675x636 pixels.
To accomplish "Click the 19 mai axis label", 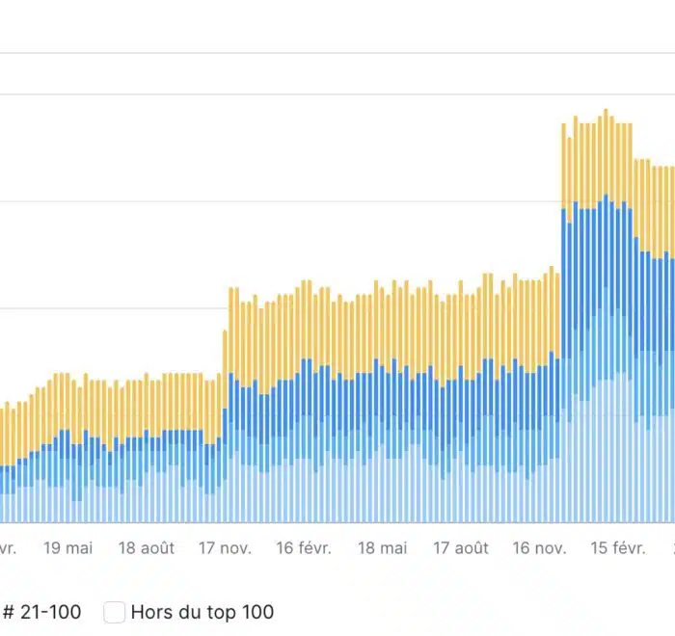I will pos(68,548).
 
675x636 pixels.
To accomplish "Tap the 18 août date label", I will pos(147,548).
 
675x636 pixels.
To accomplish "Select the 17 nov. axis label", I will pos(225,548).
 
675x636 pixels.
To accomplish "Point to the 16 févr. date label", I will pos(303,548).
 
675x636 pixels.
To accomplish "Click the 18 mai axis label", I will pos(383,548).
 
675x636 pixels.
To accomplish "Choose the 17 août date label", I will pos(460,548).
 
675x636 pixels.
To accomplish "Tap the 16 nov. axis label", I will pos(539,548).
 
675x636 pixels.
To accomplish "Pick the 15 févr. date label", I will pos(617,548).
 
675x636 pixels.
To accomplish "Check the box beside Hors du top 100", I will pos(115,612).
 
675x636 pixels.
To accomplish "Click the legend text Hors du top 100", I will pos(202,612).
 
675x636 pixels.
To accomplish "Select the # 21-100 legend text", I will pos(41,612).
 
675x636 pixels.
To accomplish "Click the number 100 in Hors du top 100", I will pos(257,612).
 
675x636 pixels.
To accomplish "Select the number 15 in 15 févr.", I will pos(599,548).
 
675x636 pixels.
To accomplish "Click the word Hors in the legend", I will pos(150,612).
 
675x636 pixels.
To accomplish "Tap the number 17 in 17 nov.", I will pos(207,548).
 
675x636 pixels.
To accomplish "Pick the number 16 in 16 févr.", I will pos(284,548).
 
